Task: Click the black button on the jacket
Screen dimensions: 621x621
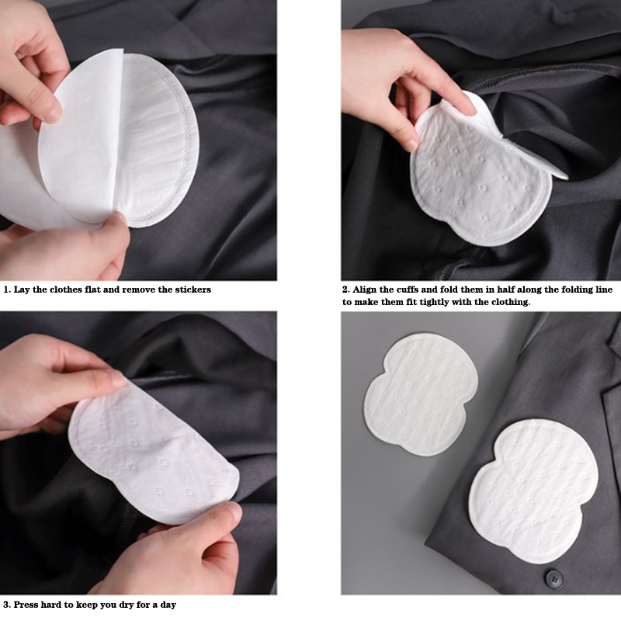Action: (553, 578)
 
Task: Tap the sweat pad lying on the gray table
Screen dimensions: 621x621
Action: (421, 394)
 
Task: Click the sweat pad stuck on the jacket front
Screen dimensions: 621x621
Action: (533, 491)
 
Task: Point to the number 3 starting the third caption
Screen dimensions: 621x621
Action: (6, 605)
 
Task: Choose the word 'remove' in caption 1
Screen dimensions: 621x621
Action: (139, 290)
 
